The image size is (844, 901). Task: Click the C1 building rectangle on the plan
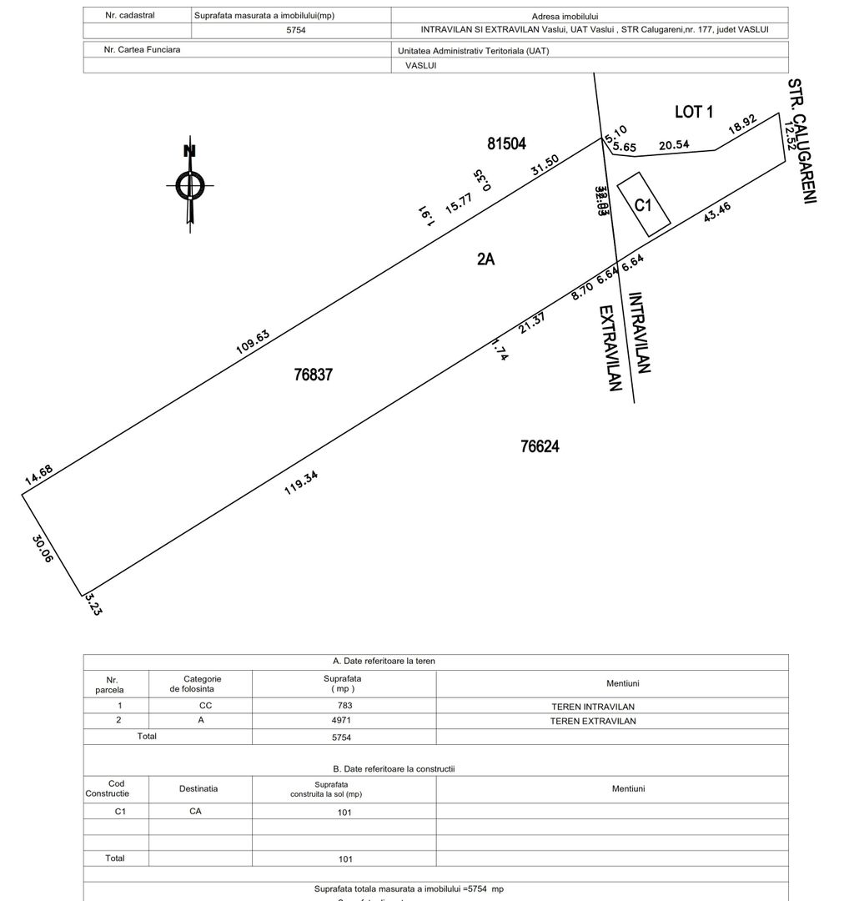pyautogui.click(x=643, y=204)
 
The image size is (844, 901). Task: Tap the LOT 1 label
pyautogui.click(x=693, y=112)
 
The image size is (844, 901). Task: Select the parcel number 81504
pyautogui.click(x=507, y=143)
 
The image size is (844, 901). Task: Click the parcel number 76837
pyautogui.click(x=314, y=375)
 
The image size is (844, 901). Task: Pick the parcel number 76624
pyautogui.click(x=540, y=446)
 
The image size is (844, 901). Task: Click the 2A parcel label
pyautogui.click(x=485, y=259)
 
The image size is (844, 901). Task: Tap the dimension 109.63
pyautogui.click(x=253, y=342)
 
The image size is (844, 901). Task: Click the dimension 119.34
pyautogui.click(x=301, y=483)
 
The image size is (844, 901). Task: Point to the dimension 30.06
pyautogui.click(x=43, y=548)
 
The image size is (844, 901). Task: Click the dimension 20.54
pyautogui.click(x=674, y=144)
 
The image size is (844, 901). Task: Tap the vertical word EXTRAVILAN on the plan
pyautogui.click(x=611, y=348)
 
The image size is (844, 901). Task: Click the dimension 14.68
pyautogui.click(x=38, y=475)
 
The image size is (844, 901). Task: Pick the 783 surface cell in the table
pyautogui.click(x=344, y=706)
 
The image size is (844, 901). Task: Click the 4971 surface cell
pyautogui.click(x=344, y=721)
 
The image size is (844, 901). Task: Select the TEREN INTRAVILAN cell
pyautogui.click(x=593, y=707)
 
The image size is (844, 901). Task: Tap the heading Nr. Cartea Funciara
pyautogui.click(x=142, y=50)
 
